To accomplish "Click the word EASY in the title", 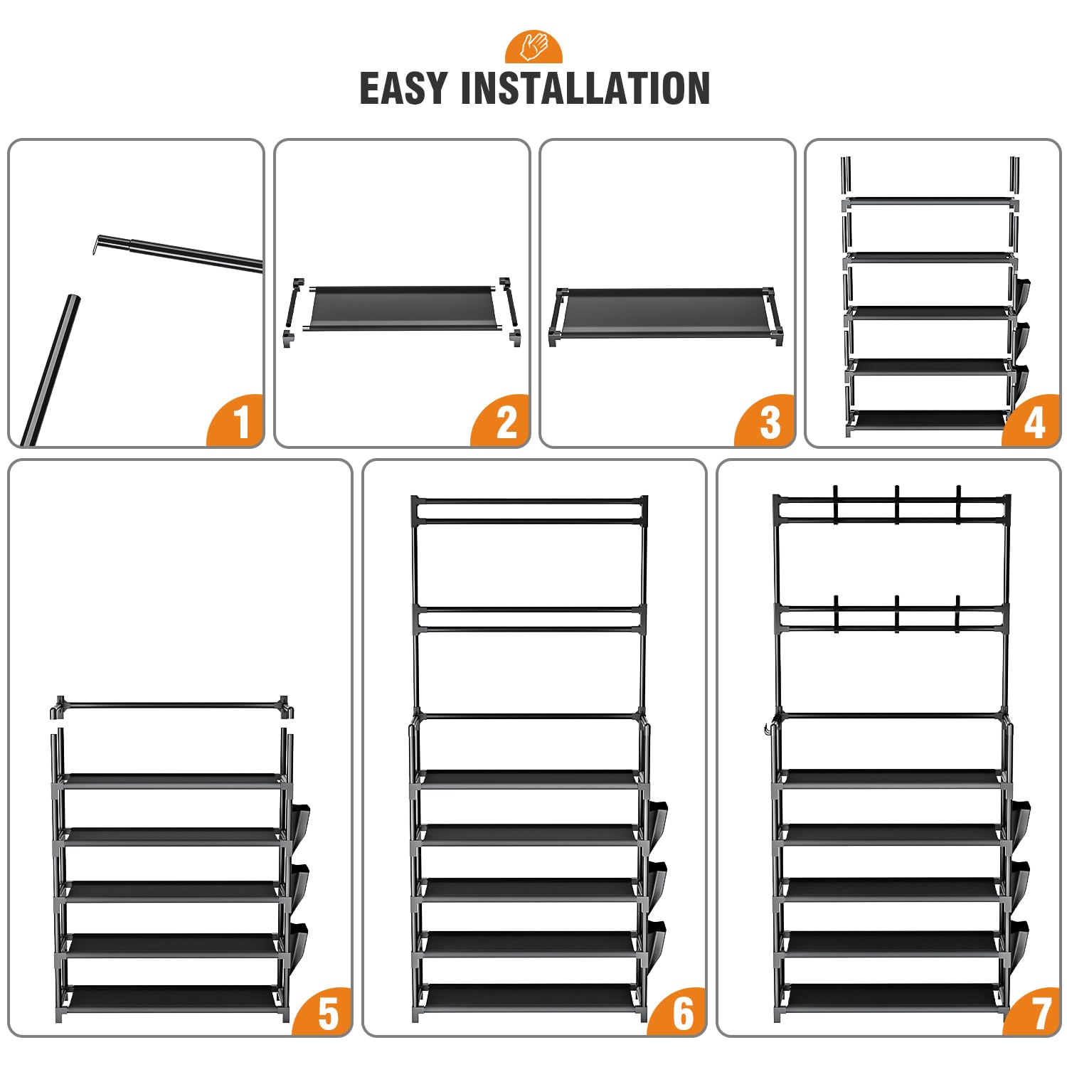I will tap(403, 88).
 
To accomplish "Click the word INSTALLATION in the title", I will tap(585, 88).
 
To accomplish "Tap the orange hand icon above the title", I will tap(533, 47).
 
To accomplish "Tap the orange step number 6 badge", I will tap(680, 1013).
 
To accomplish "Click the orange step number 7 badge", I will tap(1035, 1013).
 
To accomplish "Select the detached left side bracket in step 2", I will tap(293, 312).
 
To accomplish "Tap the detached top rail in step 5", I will tap(173, 707).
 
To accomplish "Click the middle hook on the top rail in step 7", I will tap(897, 503).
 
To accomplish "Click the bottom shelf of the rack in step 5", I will tap(171, 997).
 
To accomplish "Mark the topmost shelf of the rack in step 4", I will tap(930, 203).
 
